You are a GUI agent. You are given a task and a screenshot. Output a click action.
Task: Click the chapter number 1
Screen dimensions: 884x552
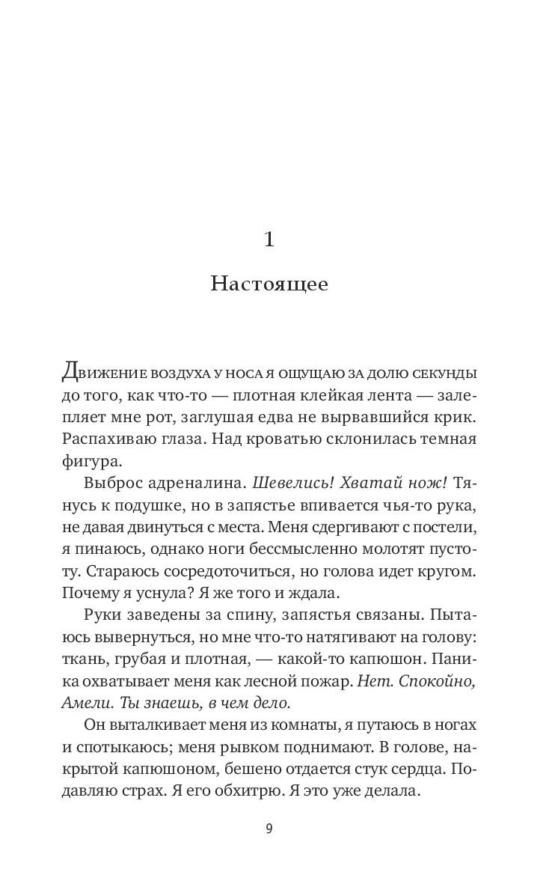[x=269, y=239]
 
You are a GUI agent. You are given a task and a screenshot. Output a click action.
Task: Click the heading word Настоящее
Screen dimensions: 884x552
[x=269, y=286]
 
